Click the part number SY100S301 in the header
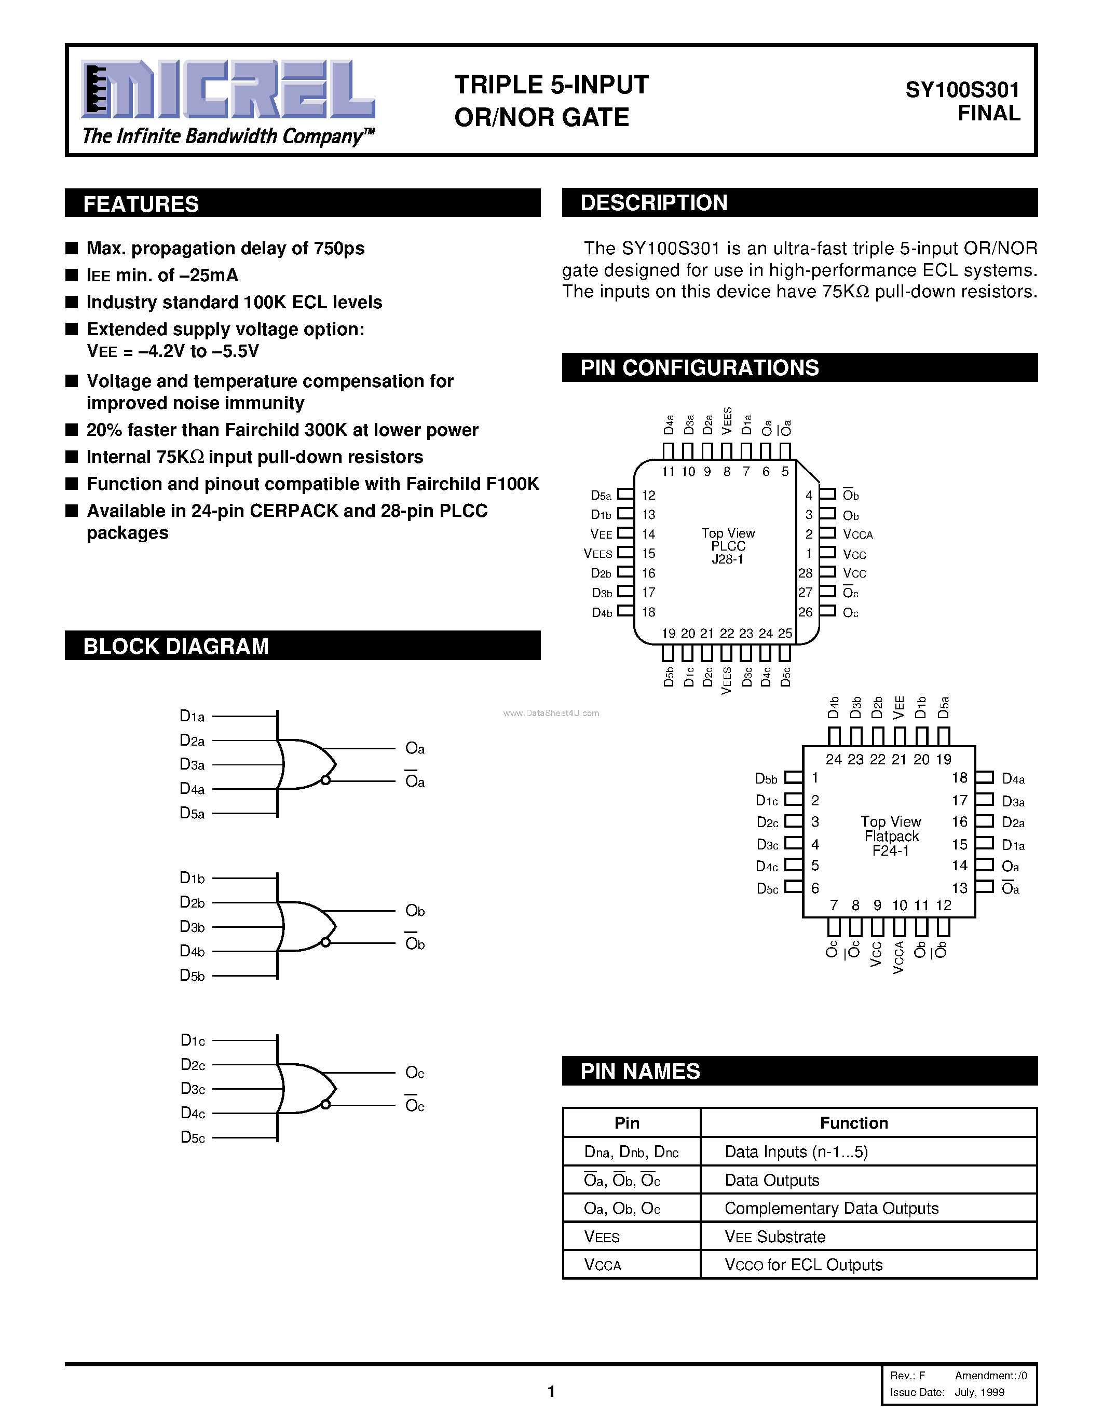point(962,90)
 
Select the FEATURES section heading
point(141,204)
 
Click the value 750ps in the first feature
point(338,248)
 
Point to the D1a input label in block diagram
point(192,717)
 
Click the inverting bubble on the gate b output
point(325,942)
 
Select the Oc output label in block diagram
point(414,1072)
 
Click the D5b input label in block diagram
point(192,976)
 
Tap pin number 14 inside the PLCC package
point(648,534)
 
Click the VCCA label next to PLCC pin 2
point(857,534)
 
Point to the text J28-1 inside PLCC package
point(727,559)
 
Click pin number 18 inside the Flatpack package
point(959,777)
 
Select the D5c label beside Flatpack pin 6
point(767,888)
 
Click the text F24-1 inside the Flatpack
point(891,850)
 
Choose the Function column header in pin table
point(853,1122)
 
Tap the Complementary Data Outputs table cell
point(831,1208)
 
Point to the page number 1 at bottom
point(551,1392)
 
